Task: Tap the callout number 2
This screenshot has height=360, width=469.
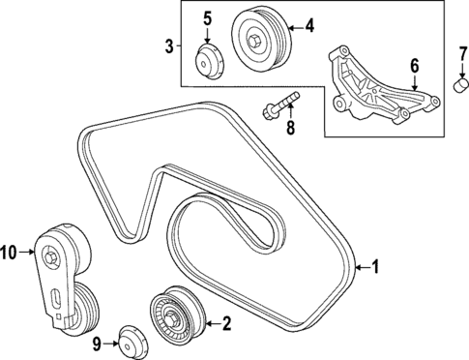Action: (225, 324)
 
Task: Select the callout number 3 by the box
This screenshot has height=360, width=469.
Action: (168, 45)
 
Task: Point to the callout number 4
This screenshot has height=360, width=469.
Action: (309, 26)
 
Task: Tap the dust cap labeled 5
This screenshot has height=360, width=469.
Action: (208, 59)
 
